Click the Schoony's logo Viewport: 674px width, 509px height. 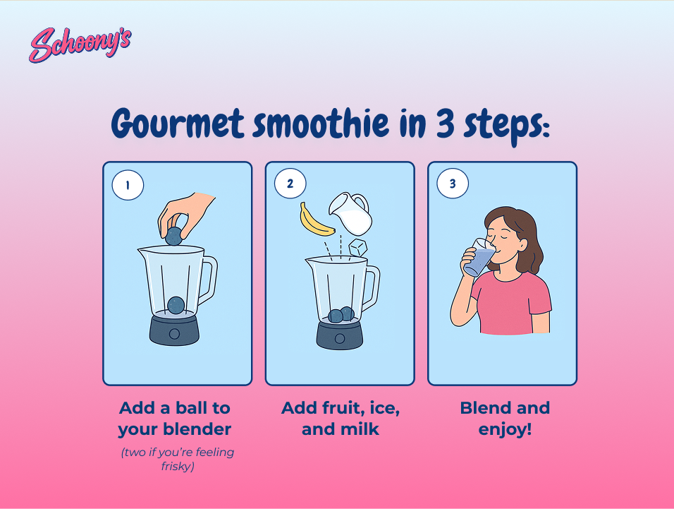(80, 44)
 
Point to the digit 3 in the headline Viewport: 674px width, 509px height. (445, 123)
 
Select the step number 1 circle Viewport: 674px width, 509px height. (128, 185)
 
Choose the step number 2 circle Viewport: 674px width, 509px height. (290, 184)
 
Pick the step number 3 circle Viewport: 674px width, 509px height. (453, 184)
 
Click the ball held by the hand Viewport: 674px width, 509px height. (173, 236)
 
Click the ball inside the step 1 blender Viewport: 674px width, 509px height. (176, 305)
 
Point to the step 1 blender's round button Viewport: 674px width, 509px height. (175, 333)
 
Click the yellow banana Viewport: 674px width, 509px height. (314, 221)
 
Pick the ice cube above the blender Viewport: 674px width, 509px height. (357, 248)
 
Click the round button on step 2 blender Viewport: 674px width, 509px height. (340, 338)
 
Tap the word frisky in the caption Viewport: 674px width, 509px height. (178, 467)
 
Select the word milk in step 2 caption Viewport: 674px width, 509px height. (362, 429)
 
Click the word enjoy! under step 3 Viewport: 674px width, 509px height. (505, 430)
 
